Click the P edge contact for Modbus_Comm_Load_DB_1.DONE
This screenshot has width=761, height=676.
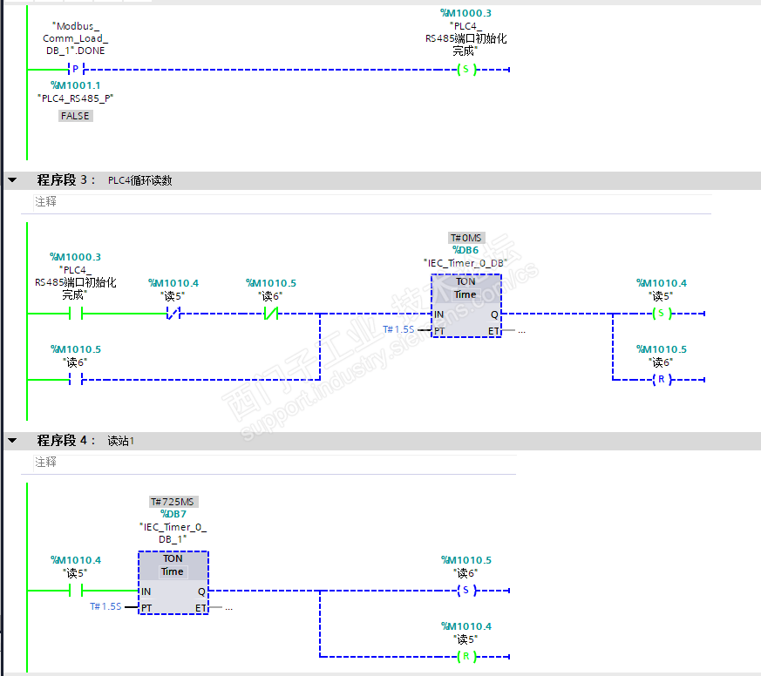pyautogui.click(x=74, y=70)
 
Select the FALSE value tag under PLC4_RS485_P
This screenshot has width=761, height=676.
pyautogui.click(x=75, y=116)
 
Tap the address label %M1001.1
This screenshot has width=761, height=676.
pyautogui.click(x=76, y=85)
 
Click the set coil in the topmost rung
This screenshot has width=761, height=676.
pyautogui.click(x=466, y=70)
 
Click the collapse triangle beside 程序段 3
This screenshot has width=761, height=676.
pyautogui.click(x=12, y=180)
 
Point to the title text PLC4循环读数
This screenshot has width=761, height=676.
pyautogui.click(x=139, y=180)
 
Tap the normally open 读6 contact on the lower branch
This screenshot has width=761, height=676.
pyautogui.click(x=75, y=379)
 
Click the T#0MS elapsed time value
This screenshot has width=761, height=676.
pyautogui.click(x=465, y=238)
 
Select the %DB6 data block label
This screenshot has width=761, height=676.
pyautogui.click(x=465, y=250)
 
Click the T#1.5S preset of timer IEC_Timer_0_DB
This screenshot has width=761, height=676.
pyautogui.click(x=398, y=329)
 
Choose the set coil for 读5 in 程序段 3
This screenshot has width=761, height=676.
pyautogui.click(x=662, y=314)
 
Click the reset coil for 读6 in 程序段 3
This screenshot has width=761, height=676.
pyautogui.click(x=662, y=379)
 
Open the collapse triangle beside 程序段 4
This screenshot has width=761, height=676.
pyautogui.click(x=12, y=441)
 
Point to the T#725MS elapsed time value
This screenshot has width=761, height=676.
pyautogui.click(x=173, y=502)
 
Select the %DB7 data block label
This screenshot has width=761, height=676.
pyautogui.click(x=173, y=514)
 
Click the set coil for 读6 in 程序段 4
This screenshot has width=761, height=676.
pyautogui.click(x=466, y=591)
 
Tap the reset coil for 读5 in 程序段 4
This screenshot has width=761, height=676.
pyautogui.click(x=466, y=656)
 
